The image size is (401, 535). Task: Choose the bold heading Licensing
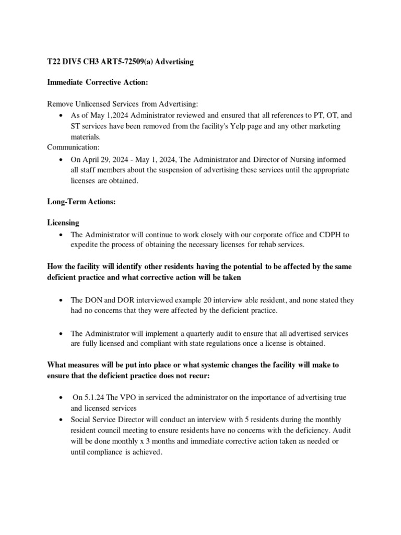coord(63,223)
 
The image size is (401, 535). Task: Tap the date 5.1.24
coord(96,398)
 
